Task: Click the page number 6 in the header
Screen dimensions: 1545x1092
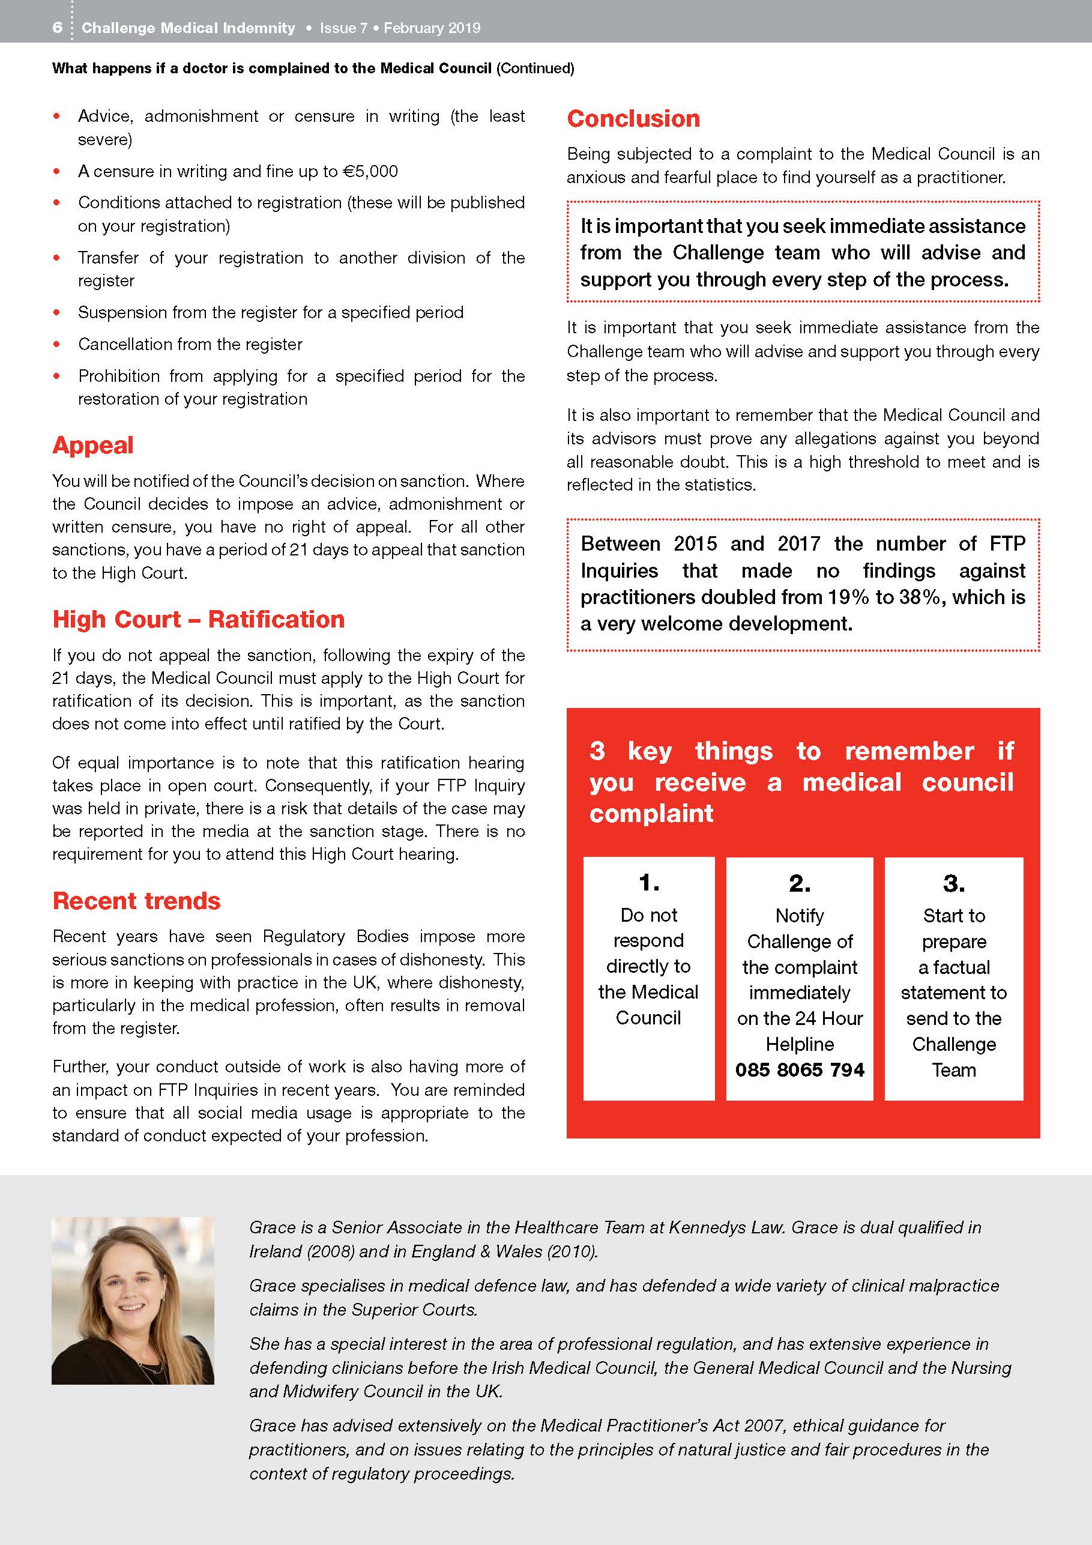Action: point(57,28)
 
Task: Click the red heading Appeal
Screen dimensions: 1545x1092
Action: point(93,446)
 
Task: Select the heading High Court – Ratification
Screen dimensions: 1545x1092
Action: point(199,619)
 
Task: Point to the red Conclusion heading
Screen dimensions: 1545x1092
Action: point(633,118)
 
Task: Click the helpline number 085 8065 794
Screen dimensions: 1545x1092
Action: point(799,1070)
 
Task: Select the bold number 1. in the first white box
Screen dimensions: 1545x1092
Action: point(648,882)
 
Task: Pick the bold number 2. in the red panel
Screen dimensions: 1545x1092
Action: point(799,883)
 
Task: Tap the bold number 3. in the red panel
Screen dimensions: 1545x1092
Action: point(953,883)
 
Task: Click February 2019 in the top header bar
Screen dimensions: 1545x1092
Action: point(432,28)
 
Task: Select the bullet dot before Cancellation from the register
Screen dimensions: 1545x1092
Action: point(57,345)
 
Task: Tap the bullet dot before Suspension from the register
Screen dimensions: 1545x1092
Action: point(57,313)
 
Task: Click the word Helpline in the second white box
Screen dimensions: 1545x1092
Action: point(799,1044)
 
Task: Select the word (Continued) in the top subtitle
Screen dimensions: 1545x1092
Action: point(535,68)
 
